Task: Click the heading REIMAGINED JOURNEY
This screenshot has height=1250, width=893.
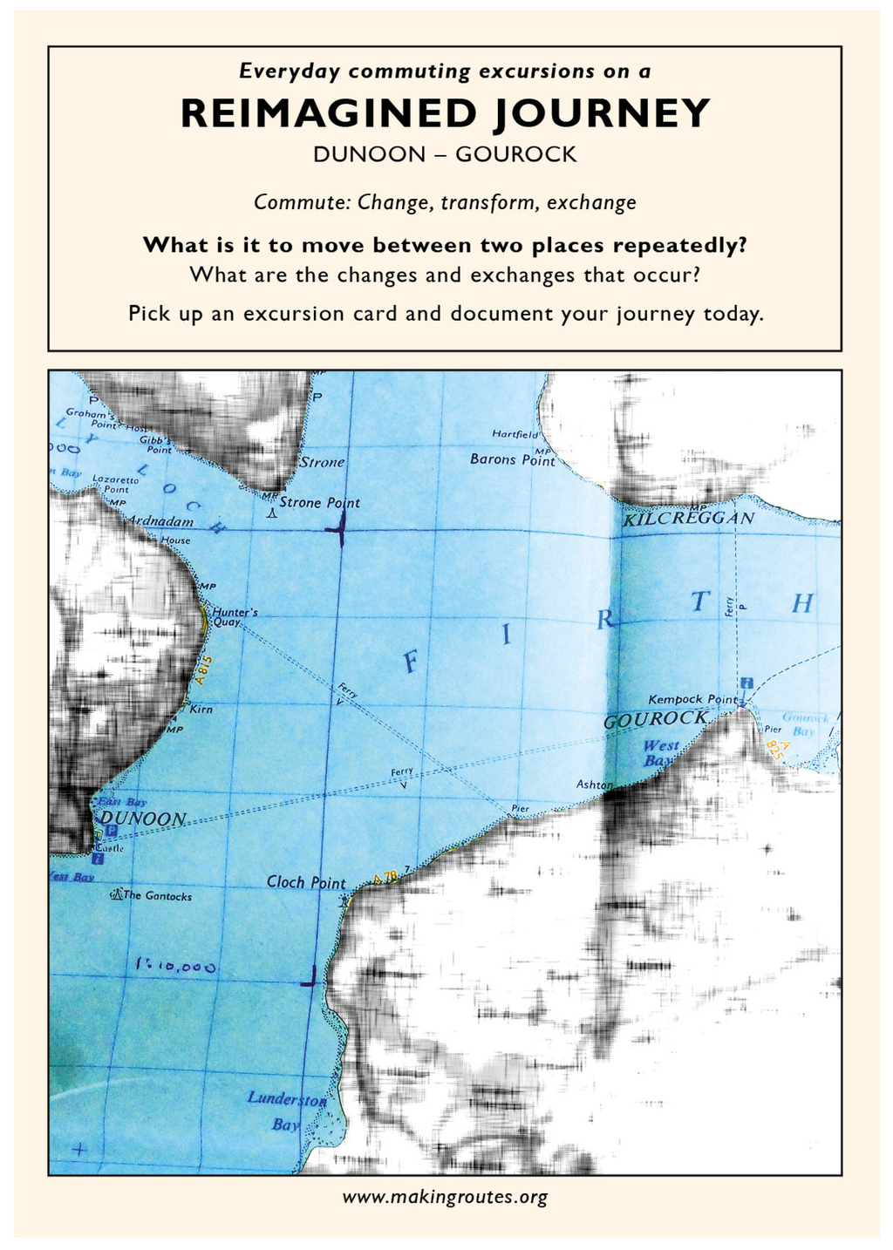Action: tap(446, 114)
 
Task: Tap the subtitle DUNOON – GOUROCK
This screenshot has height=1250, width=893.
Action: tap(445, 154)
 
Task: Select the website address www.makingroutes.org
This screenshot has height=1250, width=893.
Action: tap(445, 1197)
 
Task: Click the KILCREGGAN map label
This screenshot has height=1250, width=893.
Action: tap(689, 519)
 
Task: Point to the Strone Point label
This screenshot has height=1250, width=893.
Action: tap(319, 503)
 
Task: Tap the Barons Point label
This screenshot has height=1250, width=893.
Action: tap(512, 459)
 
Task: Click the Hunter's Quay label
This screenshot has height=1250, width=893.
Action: tap(235, 617)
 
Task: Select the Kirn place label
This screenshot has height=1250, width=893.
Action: tap(201, 709)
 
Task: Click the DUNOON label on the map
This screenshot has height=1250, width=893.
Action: tap(142, 819)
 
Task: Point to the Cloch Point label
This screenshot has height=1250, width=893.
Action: tap(306, 882)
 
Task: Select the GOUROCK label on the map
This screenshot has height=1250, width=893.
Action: tap(656, 720)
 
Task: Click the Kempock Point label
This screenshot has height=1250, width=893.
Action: tap(692, 699)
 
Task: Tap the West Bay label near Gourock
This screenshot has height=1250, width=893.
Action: tap(660, 753)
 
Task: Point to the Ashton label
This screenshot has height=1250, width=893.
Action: tap(594, 785)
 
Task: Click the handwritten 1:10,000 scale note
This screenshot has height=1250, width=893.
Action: tap(176, 966)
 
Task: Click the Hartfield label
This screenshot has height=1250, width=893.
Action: tap(515, 433)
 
